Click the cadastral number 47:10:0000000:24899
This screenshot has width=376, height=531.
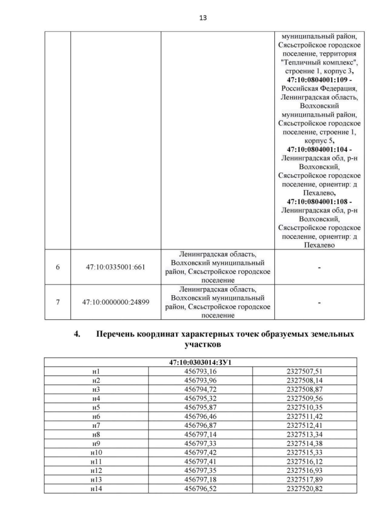pyautogui.click(x=116, y=302)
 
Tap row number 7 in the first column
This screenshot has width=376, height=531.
pyautogui.click(x=58, y=302)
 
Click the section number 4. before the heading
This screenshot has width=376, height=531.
pyautogui.click(x=76, y=334)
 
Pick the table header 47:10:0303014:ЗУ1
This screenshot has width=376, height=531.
pyautogui.click(x=203, y=363)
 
